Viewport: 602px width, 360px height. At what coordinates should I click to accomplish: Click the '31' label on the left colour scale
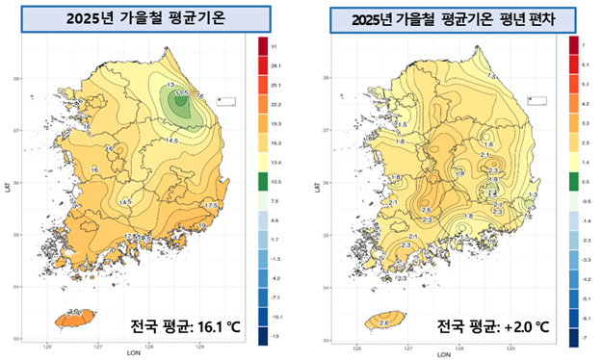pyautogui.click(x=275, y=46)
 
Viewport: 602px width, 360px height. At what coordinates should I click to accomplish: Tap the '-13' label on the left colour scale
pyautogui.click(x=275, y=336)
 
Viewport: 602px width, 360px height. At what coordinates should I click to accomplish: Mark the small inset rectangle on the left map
pyautogui.click(x=227, y=99)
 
